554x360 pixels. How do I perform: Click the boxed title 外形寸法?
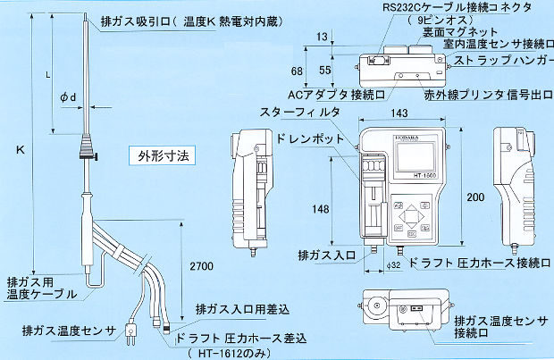point(164,154)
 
